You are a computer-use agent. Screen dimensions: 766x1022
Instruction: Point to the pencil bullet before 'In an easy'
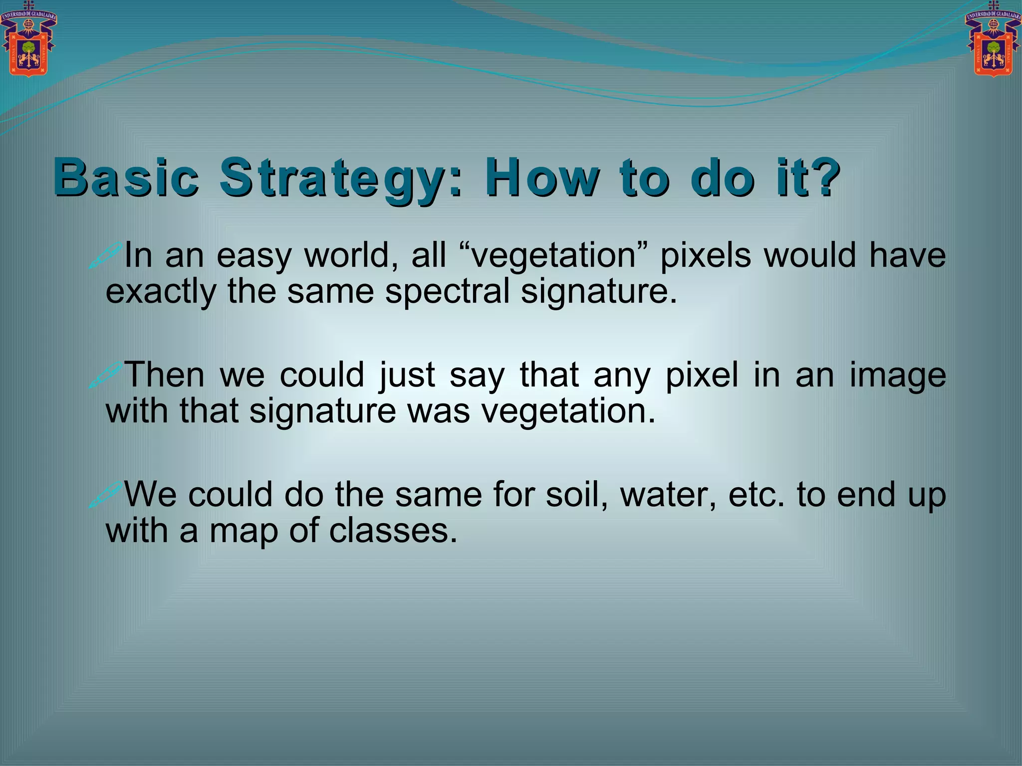tap(105, 255)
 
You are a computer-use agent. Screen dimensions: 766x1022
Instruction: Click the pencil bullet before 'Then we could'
tap(105, 375)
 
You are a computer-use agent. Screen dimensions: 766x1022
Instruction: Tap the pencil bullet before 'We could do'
tap(105, 494)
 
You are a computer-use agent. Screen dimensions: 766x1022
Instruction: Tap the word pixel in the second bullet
tap(702, 376)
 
